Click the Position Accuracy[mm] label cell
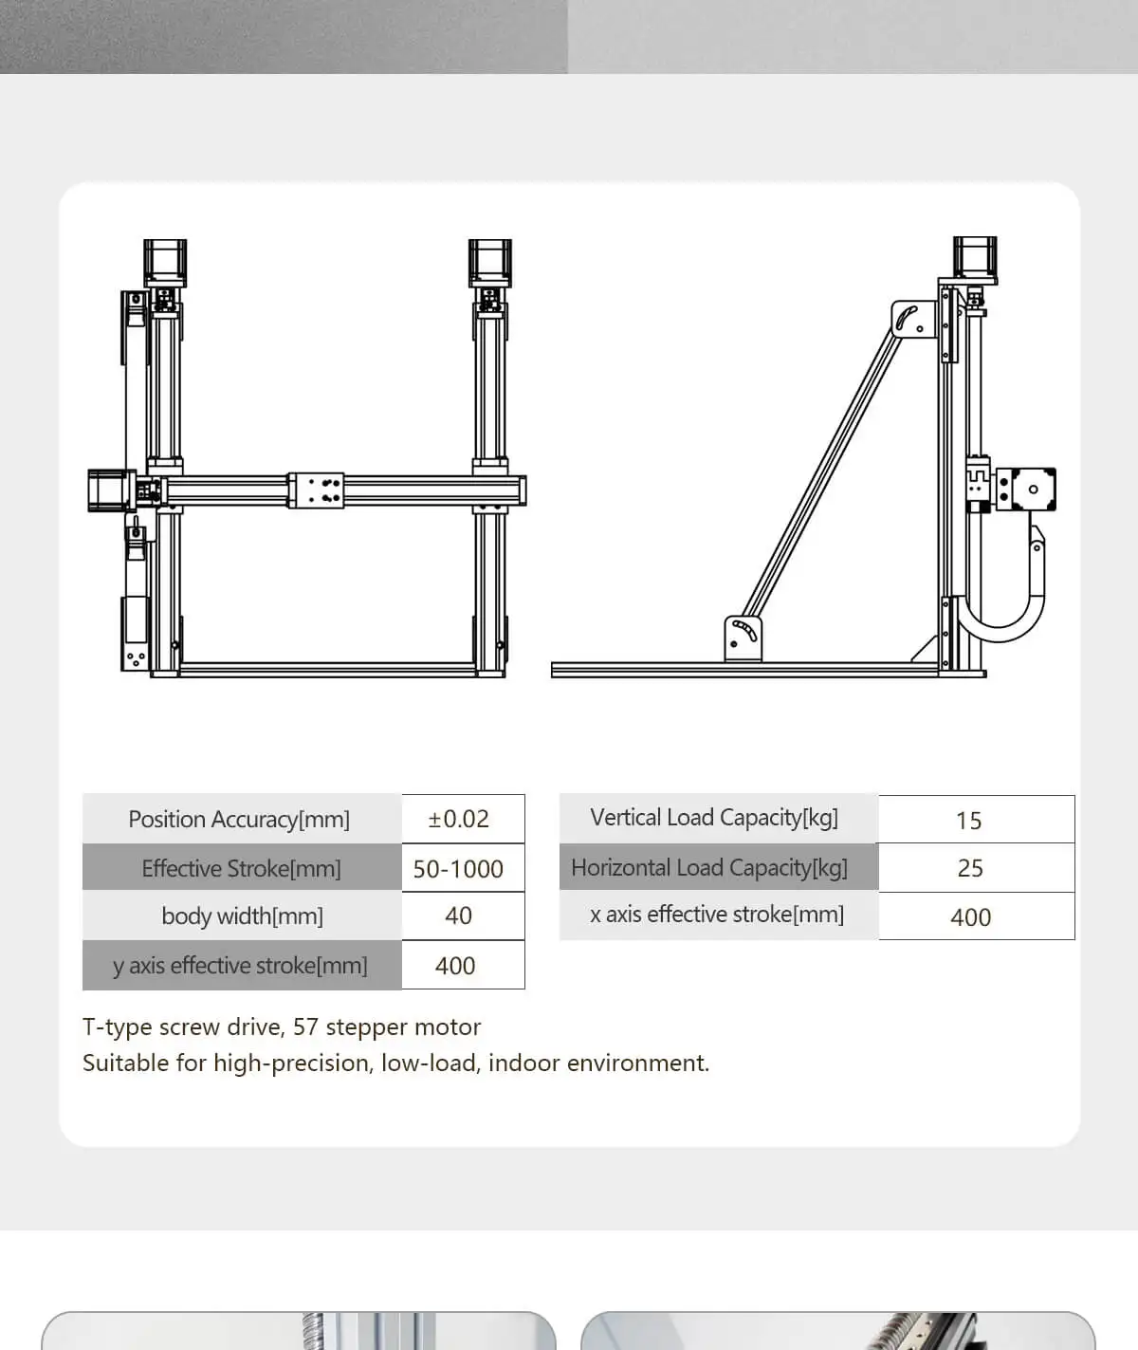pyautogui.click(x=239, y=820)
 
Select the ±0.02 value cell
pyautogui.click(x=459, y=820)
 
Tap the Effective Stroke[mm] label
pyautogui.click(x=241, y=868)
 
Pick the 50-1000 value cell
pyautogui.click(x=458, y=869)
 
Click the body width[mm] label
pyautogui.click(x=242, y=916)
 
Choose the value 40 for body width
pyautogui.click(x=458, y=916)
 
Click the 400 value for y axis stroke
pyautogui.click(x=455, y=966)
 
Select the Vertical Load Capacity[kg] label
pyautogui.click(x=714, y=818)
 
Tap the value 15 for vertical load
pyautogui.click(x=968, y=821)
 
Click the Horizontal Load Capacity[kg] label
pyautogui.click(x=709, y=868)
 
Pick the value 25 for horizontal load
pyautogui.click(x=970, y=868)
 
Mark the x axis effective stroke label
pyautogui.click(x=717, y=915)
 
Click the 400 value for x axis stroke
pyautogui.click(x=970, y=917)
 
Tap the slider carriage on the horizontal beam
pyautogui.click(x=316, y=490)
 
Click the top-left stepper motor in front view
pyautogui.click(x=165, y=263)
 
